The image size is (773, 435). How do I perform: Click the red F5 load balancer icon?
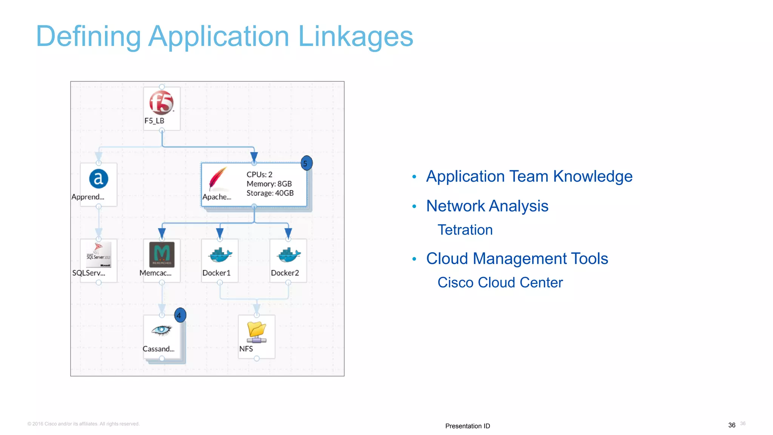(162, 102)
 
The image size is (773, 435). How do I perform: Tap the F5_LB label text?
(154, 121)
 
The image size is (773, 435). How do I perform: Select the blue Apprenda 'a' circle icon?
(99, 179)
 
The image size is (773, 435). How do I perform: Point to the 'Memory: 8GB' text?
(269, 184)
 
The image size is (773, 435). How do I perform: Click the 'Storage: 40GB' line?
(270, 193)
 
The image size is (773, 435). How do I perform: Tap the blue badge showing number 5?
(306, 163)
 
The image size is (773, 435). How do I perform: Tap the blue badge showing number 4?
(180, 315)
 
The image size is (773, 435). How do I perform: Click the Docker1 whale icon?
(220, 255)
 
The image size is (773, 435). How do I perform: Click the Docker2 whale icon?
(289, 255)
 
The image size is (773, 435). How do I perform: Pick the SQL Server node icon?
(99, 254)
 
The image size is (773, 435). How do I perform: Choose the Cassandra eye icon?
(162, 330)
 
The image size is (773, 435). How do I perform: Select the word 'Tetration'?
(465, 230)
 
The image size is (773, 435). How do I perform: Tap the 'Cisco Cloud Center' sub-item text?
(500, 282)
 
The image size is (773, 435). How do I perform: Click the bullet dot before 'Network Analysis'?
(414, 206)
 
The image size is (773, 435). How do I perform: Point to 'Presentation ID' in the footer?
(467, 426)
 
